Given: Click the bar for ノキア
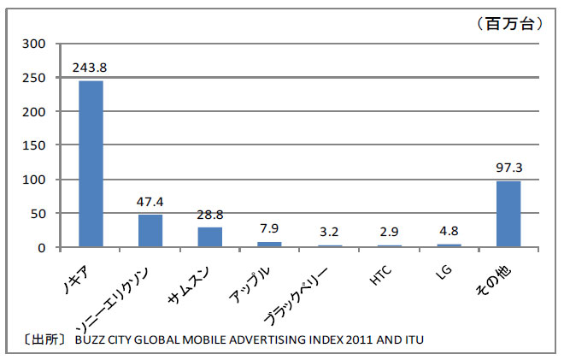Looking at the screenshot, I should tap(91, 164).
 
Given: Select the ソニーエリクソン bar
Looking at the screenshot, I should tap(150, 231).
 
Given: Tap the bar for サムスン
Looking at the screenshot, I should tap(209, 237).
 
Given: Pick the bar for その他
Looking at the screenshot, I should tap(508, 214).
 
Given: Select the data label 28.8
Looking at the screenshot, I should tap(209, 216).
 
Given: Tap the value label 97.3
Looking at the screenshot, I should tap(508, 169).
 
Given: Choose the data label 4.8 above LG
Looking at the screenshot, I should tap(449, 233).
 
